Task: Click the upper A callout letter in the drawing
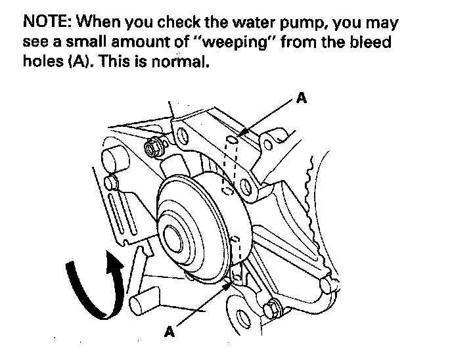[301, 99]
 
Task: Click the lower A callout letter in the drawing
[169, 332]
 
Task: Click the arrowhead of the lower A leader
[227, 284]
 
